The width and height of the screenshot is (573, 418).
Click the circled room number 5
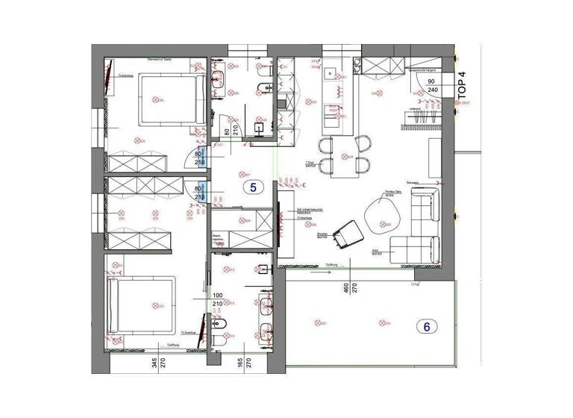252,187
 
